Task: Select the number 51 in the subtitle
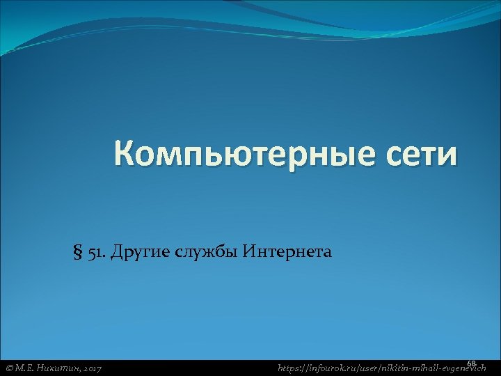pos(95,251)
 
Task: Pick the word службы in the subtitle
pos(205,251)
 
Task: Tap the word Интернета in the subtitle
pos(287,251)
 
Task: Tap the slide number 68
pos(471,363)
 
